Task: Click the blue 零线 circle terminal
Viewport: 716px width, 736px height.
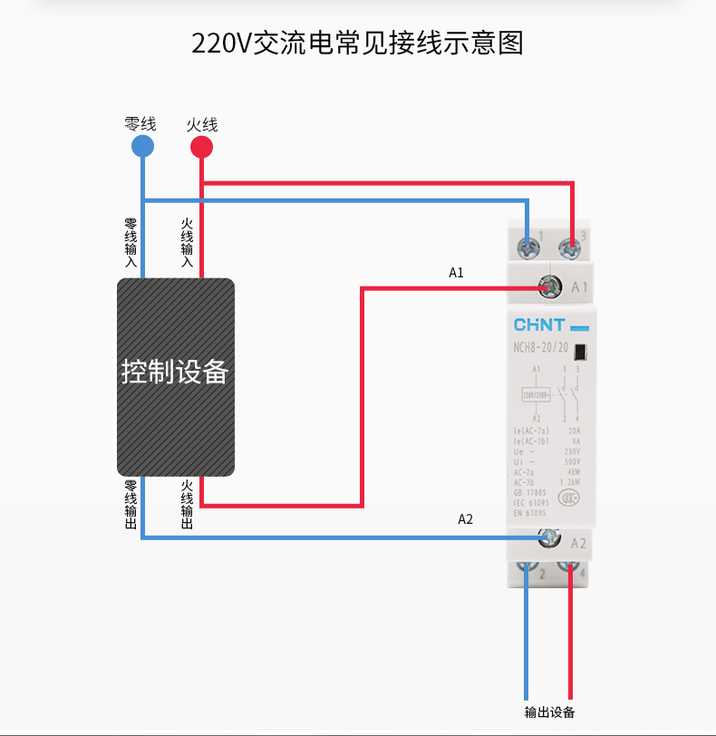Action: (142, 147)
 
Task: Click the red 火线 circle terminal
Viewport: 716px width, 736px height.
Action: (201, 147)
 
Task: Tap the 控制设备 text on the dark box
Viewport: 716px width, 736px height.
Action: (174, 373)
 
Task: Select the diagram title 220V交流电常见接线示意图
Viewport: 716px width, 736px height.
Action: (357, 43)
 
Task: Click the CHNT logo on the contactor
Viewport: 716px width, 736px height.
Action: (541, 324)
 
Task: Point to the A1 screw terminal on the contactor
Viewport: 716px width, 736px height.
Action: (548, 287)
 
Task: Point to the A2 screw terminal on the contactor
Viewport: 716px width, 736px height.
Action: (547, 537)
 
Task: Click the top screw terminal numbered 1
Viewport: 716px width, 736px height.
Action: (526, 245)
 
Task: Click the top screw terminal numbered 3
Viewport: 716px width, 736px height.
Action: (570, 245)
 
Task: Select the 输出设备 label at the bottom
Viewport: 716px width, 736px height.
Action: (549, 712)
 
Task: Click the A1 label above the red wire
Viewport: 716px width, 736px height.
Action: (457, 272)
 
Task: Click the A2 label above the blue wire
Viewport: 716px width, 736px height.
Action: (465, 519)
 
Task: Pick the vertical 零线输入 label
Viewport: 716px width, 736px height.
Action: (131, 243)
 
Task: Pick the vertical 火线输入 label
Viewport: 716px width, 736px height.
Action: (187, 243)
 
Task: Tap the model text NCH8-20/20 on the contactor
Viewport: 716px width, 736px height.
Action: (541, 349)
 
